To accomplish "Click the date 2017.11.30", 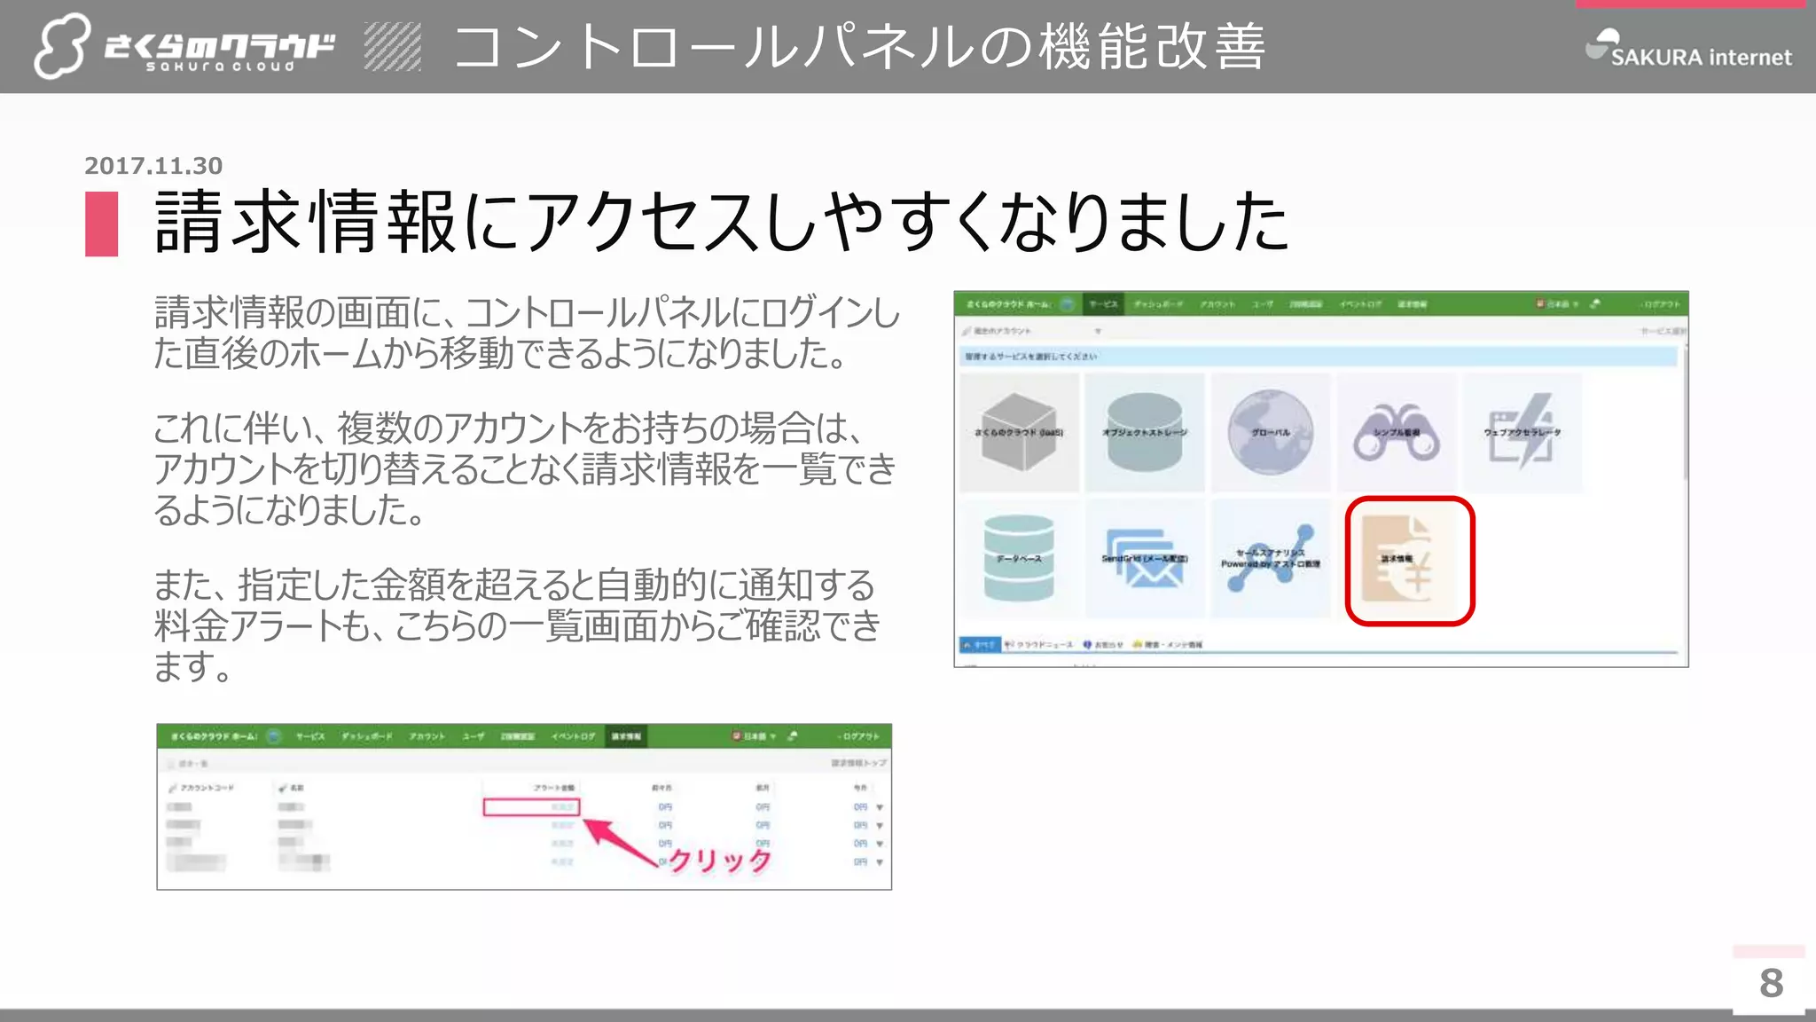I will (153, 166).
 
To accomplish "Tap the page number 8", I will (1771, 983).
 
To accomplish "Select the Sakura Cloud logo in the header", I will (184, 47).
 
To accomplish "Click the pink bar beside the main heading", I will (102, 224).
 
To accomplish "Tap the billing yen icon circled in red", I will (1409, 561).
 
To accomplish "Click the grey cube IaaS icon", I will (1019, 432).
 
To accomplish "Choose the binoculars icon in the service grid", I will (1396, 432).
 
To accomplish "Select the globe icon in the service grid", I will (1270, 432).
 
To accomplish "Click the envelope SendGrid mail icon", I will (1145, 559).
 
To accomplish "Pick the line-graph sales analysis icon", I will (1270, 559).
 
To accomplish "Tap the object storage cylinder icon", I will (1144, 432).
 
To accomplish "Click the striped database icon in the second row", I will (1019, 559).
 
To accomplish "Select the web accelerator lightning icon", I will (1522, 432).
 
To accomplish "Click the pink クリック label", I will (719, 860).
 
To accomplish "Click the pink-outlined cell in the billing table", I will (531, 807).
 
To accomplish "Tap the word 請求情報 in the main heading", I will (305, 222).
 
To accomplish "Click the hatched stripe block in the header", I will (392, 47).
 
